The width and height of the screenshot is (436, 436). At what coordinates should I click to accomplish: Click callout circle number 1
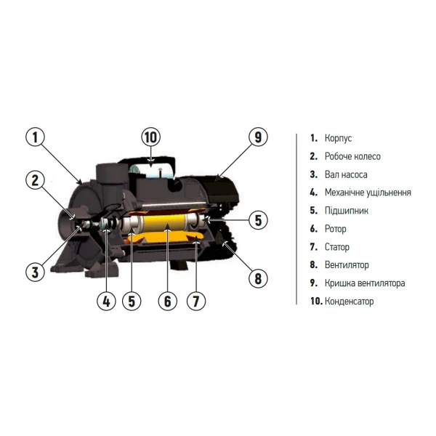[38, 137]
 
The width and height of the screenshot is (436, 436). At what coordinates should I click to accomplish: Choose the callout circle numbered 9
[258, 137]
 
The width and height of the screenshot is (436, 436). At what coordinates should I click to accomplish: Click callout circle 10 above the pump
[150, 137]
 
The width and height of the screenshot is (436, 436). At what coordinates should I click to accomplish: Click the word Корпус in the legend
[338, 138]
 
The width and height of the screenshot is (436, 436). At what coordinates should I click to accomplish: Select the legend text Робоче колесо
[352, 156]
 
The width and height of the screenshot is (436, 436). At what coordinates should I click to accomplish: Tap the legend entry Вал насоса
[347, 174]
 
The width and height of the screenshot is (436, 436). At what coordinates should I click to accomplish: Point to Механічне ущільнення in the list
[368, 193]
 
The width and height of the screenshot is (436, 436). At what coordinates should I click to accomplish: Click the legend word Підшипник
[347, 211]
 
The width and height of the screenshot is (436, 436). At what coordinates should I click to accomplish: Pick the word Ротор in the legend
[336, 229]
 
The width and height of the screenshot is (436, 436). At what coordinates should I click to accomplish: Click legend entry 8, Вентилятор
[347, 265]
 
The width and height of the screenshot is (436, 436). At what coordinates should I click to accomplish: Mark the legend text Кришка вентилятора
[365, 283]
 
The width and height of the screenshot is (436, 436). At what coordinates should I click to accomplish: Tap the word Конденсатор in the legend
[349, 302]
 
